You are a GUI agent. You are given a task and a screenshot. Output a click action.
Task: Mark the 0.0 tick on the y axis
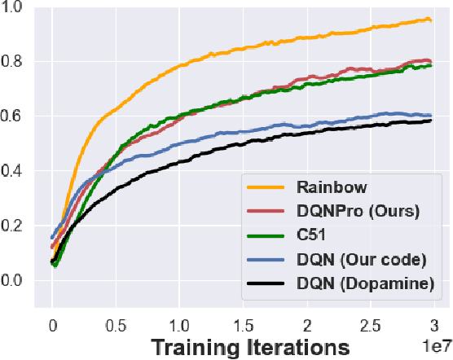point(15,281)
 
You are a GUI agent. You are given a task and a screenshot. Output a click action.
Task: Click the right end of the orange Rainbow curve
point(430,20)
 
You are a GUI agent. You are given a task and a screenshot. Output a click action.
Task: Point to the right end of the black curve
point(430,121)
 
